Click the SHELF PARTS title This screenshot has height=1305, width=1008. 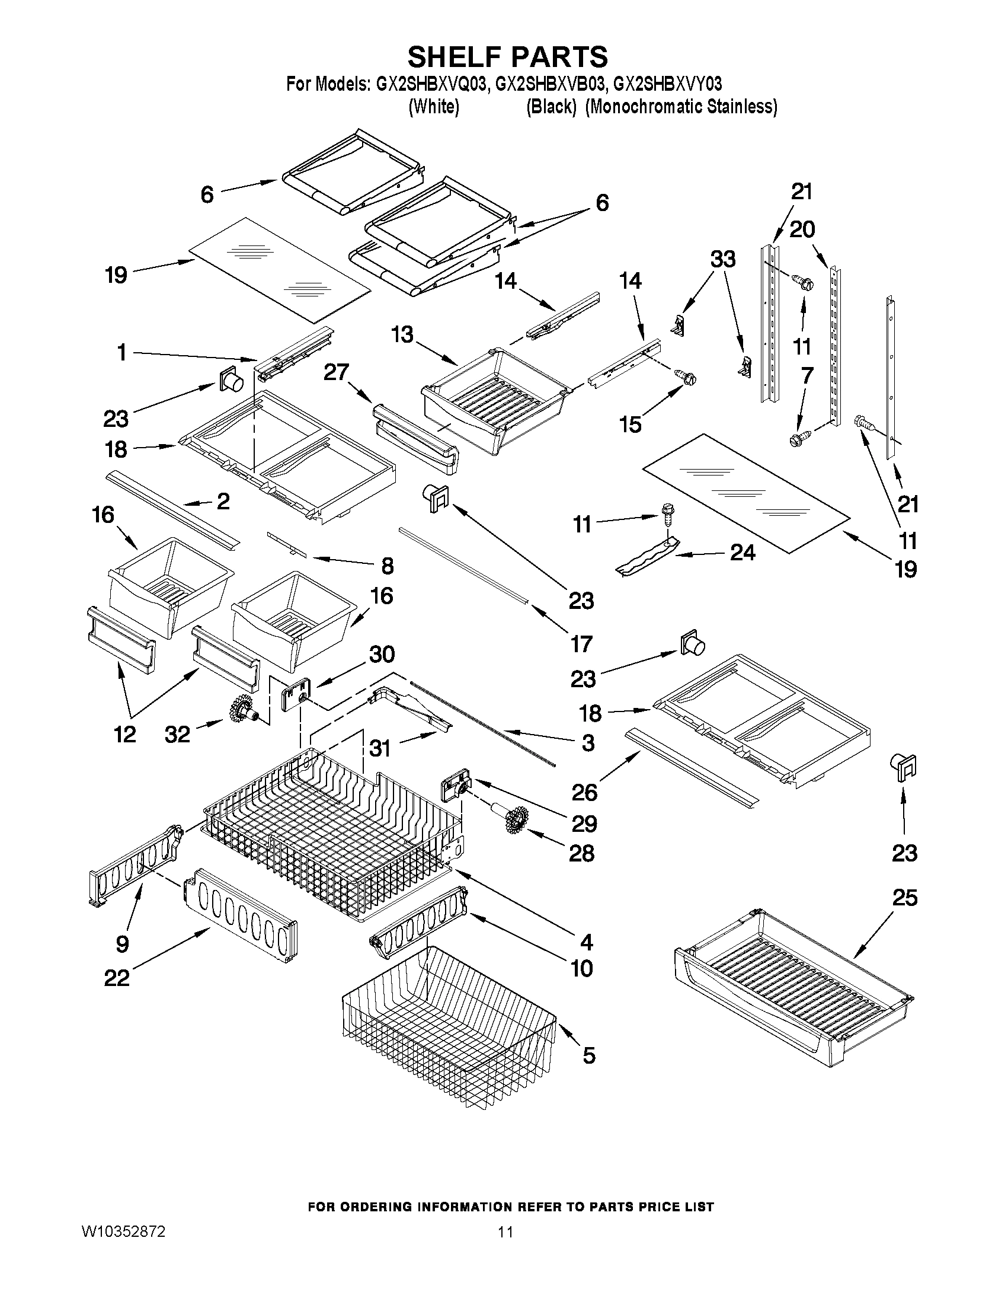(508, 57)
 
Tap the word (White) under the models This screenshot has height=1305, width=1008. (434, 107)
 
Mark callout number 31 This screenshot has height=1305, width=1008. (380, 747)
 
